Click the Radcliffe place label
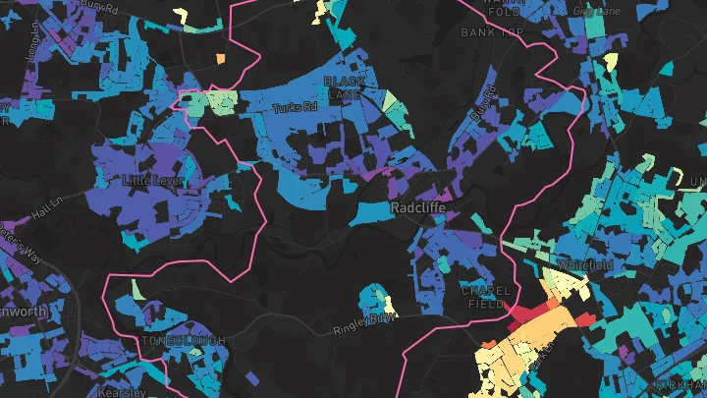(420, 209)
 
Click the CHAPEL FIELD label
(484, 299)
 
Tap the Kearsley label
(122, 391)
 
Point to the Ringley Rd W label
(364, 322)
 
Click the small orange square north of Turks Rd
(220, 59)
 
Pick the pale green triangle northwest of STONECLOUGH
(136, 289)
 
